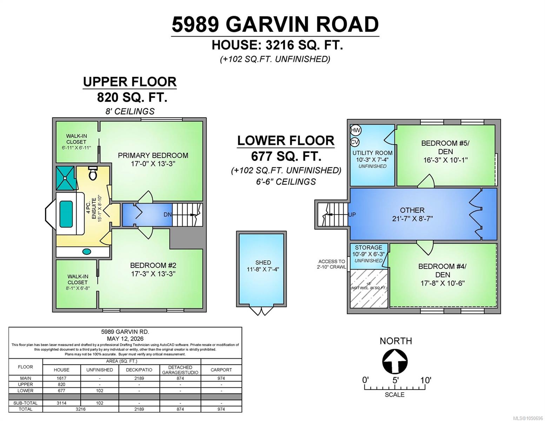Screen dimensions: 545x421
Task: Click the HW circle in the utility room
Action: click(355, 130)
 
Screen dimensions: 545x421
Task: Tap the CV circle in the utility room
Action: click(355, 142)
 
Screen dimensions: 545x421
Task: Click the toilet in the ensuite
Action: click(93, 173)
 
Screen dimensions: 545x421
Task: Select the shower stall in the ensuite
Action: click(65, 178)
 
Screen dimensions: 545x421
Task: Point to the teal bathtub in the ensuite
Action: click(66, 214)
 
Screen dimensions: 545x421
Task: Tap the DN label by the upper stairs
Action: click(167, 215)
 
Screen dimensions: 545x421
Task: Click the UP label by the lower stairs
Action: click(352, 215)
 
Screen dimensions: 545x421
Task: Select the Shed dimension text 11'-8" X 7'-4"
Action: click(263, 269)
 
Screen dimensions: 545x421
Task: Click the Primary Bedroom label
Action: click(153, 155)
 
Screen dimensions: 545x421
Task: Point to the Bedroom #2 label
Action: click(153, 265)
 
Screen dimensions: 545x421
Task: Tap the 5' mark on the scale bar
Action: click(396, 380)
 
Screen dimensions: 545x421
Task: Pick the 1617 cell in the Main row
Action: click(61, 378)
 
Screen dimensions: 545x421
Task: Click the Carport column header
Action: click(221, 370)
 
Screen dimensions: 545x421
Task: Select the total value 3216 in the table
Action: click(80, 409)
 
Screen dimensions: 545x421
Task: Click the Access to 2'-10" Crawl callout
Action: click(332, 264)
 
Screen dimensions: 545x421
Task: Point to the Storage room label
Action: click(368, 247)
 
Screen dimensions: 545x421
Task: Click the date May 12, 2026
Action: click(125, 339)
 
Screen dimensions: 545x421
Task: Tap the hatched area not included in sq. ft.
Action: click(369, 288)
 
